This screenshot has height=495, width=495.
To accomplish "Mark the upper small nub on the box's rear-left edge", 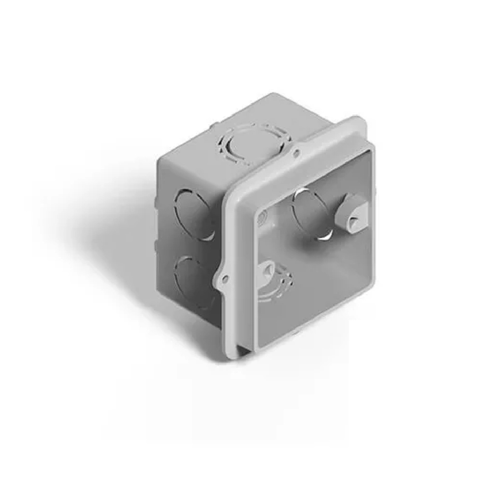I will coord(156,201).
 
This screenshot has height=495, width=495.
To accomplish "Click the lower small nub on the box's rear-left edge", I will coord(156,246).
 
